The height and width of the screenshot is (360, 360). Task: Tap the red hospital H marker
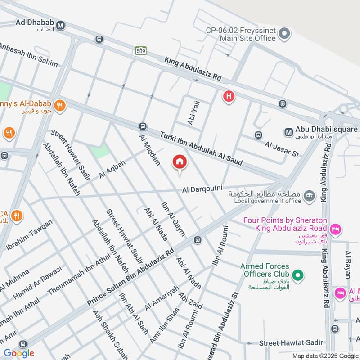[229, 96]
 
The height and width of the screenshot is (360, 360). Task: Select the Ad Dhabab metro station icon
[61, 26]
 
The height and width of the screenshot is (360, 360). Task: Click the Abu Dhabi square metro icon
[288, 132]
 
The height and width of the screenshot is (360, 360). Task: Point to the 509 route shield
[140, 51]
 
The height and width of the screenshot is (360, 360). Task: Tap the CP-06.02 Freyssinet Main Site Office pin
[284, 33]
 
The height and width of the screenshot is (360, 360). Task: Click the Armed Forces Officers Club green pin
[297, 274]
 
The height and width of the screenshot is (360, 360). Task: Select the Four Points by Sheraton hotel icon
[335, 230]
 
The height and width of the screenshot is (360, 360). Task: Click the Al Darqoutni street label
[202, 190]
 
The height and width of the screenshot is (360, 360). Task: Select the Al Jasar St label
[282, 150]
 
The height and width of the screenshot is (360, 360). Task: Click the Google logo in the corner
[18, 353]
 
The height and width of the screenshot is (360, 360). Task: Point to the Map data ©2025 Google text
[324, 355]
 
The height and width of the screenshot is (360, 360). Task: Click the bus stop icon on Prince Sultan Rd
[197, 240]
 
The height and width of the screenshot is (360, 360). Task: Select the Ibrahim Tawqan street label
[29, 235]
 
